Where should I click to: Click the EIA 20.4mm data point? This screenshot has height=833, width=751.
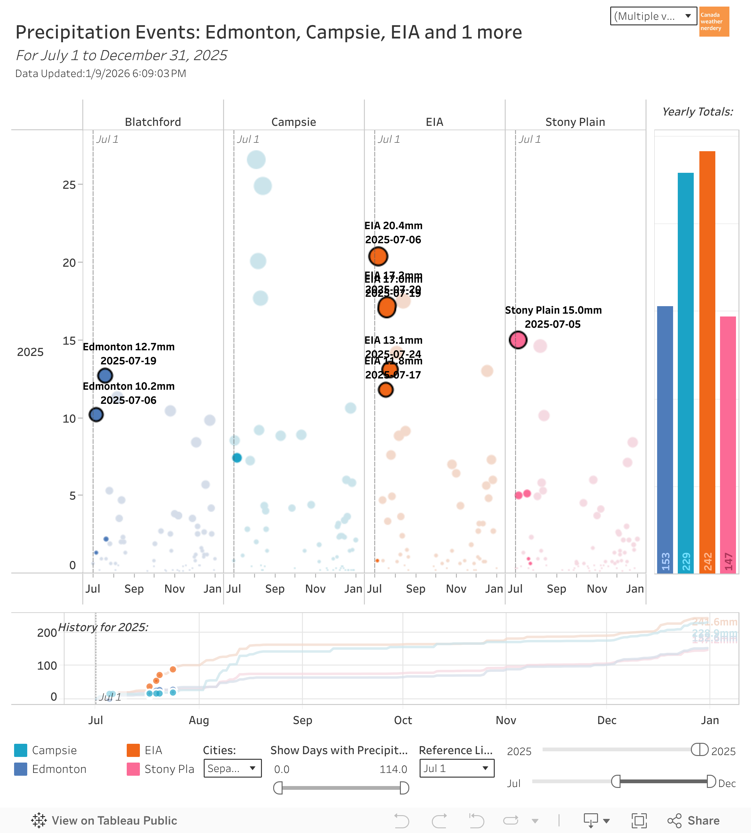pyautogui.click(x=378, y=256)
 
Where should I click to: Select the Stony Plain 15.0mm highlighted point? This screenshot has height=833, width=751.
pyautogui.click(x=518, y=340)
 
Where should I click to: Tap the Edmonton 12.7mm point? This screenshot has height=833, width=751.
pyautogui.click(x=105, y=376)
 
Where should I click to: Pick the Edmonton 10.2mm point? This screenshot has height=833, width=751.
pyautogui.click(x=96, y=414)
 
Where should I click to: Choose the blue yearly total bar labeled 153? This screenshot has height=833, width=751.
pyautogui.click(x=665, y=439)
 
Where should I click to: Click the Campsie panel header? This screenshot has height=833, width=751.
pyautogui.click(x=294, y=122)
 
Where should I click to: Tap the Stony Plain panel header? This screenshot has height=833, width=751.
pyautogui.click(x=575, y=122)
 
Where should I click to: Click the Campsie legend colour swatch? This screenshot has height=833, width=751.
pyautogui.click(x=21, y=750)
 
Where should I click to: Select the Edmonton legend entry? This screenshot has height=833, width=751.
pyautogui.click(x=59, y=769)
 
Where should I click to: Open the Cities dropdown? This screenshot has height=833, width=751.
pyautogui.click(x=232, y=768)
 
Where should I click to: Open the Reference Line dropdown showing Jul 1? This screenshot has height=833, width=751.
pyautogui.click(x=456, y=768)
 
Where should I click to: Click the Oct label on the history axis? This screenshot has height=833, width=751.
pyautogui.click(x=403, y=720)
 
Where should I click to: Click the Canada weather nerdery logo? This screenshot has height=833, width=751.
pyautogui.click(x=714, y=22)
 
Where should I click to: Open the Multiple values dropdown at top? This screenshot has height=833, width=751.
pyautogui.click(x=653, y=16)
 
